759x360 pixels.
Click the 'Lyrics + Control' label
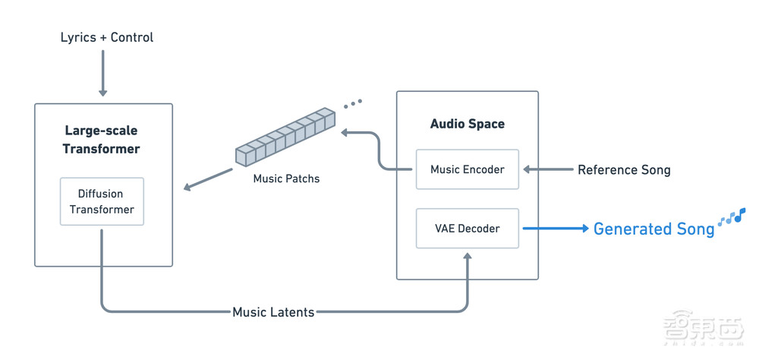[107, 37]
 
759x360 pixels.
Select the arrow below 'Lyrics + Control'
[103, 79]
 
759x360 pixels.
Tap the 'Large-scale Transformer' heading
[102, 140]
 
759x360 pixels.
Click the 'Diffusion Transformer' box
[102, 202]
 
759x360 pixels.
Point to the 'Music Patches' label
[286, 179]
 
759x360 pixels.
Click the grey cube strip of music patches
[285, 137]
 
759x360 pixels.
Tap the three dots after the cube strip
[352, 103]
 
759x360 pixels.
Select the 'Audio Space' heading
[467, 124]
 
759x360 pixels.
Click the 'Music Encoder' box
[467, 169]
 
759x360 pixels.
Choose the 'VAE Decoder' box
[467, 229]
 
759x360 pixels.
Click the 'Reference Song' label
[624, 169]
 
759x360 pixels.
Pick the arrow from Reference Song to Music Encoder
[546, 169]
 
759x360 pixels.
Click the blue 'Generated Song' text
[653, 229]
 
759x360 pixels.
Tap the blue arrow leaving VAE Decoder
[554, 229]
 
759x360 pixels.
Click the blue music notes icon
[732, 217]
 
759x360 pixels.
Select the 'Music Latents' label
[273, 311]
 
